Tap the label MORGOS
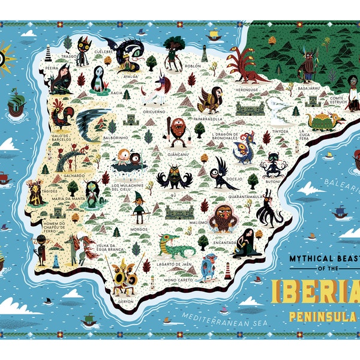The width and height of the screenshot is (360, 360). (139, 230)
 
